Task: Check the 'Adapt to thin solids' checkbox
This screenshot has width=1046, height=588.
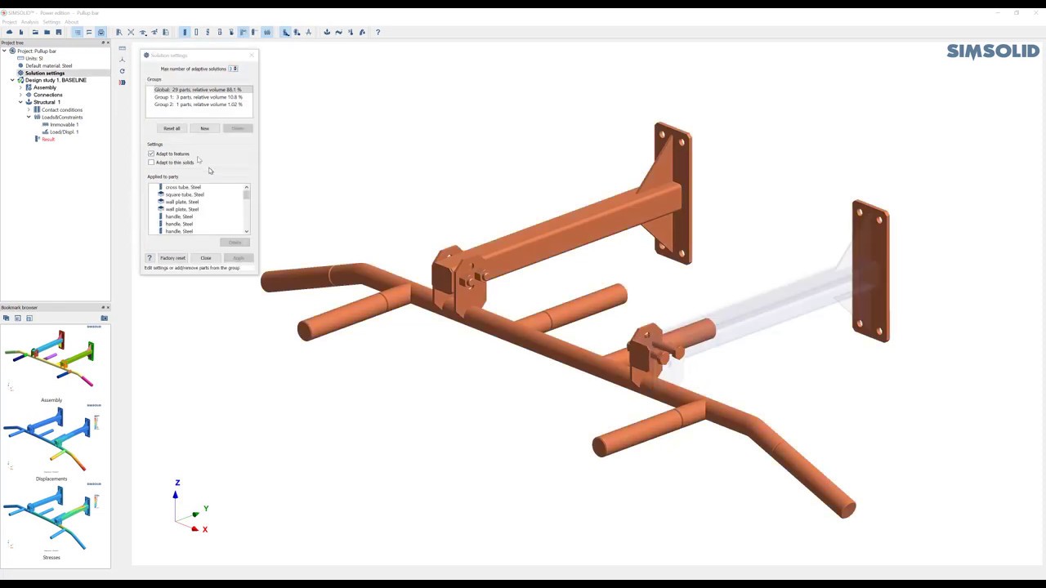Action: point(151,163)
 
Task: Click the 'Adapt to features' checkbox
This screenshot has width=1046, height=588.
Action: point(151,154)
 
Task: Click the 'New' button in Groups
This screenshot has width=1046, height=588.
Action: point(204,128)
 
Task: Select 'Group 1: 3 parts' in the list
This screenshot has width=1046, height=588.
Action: point(198,97)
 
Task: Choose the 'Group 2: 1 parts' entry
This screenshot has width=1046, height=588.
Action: point(198,105)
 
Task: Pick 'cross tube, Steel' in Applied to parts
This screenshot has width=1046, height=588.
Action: point(182,187)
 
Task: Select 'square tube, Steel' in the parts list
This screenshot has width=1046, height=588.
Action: point(184,194)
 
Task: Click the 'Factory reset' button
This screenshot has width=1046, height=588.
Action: point(172,258)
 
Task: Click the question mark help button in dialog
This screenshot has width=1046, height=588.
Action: point(150,258)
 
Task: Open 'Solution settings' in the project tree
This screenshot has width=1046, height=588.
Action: point(44,73)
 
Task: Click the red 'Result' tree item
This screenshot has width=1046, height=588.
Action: point(48,139)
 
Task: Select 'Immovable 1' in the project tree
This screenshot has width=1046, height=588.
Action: point(64,124)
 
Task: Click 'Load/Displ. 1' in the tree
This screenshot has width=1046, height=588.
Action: point(64,131)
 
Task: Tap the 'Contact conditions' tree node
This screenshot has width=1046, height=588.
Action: point(61,109)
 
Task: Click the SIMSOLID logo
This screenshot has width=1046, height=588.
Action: point(992,51)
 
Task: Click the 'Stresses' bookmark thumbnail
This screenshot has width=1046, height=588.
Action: point(51,520)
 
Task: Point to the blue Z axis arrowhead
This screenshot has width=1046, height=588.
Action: point(175,494)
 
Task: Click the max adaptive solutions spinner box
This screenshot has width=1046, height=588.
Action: point(233,69)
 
